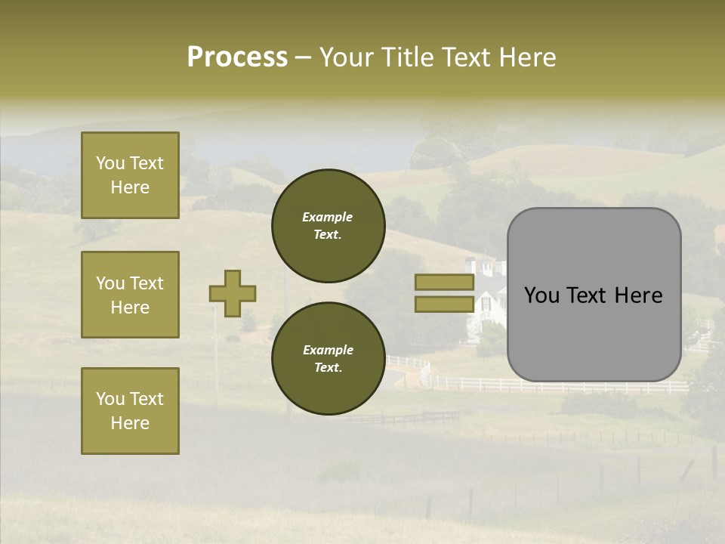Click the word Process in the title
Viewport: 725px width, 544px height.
click(237, 57)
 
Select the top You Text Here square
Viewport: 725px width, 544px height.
click(130, 175)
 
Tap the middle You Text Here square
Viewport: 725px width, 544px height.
click(130, 295)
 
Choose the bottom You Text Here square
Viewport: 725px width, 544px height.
click(130, 411)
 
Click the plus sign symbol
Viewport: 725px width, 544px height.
click(233, 293)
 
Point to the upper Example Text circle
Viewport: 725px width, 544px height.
click(328, 226)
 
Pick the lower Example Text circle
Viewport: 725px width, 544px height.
click(328, 358)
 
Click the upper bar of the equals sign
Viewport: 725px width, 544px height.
click(444, 282)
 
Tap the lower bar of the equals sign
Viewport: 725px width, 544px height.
click(444, 304)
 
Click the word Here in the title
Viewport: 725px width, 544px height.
click(528, 57)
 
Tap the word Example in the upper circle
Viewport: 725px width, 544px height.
click(328, 217)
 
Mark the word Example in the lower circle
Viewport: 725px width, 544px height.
click(328, 350)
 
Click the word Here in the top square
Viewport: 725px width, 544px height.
click(130, 187)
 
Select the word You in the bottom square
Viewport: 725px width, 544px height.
click(110, 399)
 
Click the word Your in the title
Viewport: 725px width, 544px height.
click(347, 57)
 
